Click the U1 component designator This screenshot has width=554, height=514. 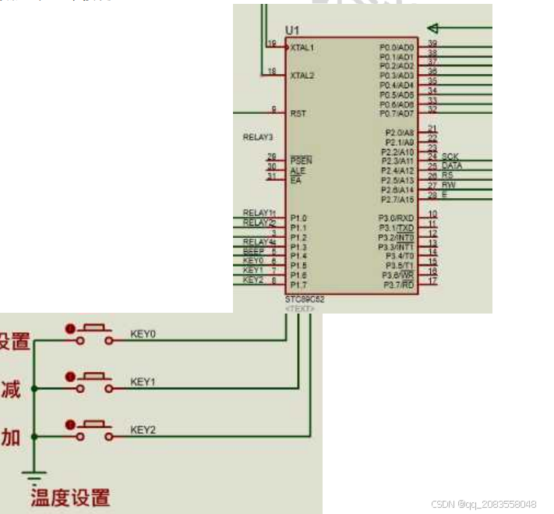click(x=292, y=30)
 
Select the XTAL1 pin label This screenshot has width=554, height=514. click(x=302, y=48)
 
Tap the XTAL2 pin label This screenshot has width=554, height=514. click(x=302, y=76)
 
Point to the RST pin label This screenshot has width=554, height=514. click(x=298, y=113)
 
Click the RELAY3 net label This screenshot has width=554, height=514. click(x=258, y=137)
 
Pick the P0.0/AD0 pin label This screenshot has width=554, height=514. click(x=397, y=48)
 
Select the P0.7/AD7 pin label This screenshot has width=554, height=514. click(x=397, y=114)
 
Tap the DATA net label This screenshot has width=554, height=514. click(x=452, y=166)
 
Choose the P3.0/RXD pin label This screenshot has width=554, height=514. click(x=397, y=218)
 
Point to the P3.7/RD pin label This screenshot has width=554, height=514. click(x=398, y=285)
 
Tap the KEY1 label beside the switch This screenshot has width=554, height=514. click(x=143, y=382)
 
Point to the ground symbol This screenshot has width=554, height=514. click(x=34, y=474)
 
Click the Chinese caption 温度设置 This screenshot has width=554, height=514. click(x=70, y=497)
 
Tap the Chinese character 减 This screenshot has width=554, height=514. click(x=11, y=389)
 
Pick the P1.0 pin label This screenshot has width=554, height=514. click(x=298, y=218)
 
